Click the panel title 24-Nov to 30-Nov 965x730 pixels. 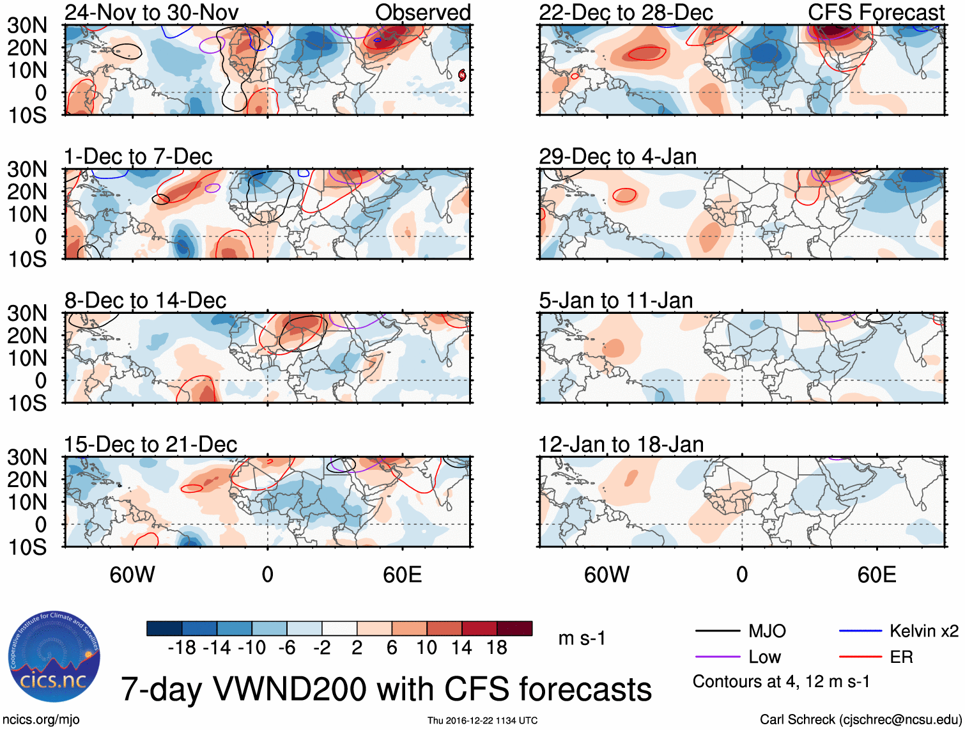pyautogui.click(x=151, y=12)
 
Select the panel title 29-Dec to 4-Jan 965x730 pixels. pyautogui.click(x=617, y=157)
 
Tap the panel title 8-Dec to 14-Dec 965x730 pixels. pyautogui.click(x=145, y=300)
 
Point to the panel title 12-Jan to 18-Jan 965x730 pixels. pyautogui.click(x=621, y=444)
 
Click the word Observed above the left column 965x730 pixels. pyautogui.click(x=422, y=12)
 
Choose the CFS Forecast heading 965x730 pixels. pyautogui.click(x=876, y=12)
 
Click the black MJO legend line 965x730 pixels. pyautogui.click(x=717, y=632)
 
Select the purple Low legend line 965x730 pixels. pyautogui.click(x=717, y=657)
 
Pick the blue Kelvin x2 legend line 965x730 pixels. pyautogui.click(x=860, y=632)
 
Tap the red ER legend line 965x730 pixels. pyautogui.click(x=860, y=657)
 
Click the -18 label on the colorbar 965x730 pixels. pyautogui.click(x=182, y=648)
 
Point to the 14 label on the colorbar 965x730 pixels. pyautogui.click(x=461, y=648)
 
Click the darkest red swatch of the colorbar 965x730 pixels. pyautogui.click(x=514, y=628)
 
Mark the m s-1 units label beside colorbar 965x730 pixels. pyautogui.click(x=582, y=639)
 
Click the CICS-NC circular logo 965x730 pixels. pyautogui.click(x=54, y=656)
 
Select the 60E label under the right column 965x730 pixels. pyautogui.click(x=876, y=575)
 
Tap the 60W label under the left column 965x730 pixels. pyautogui.click(x=132, y=575)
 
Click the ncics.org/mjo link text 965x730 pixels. pyautogui.click(x=41, y=720)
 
